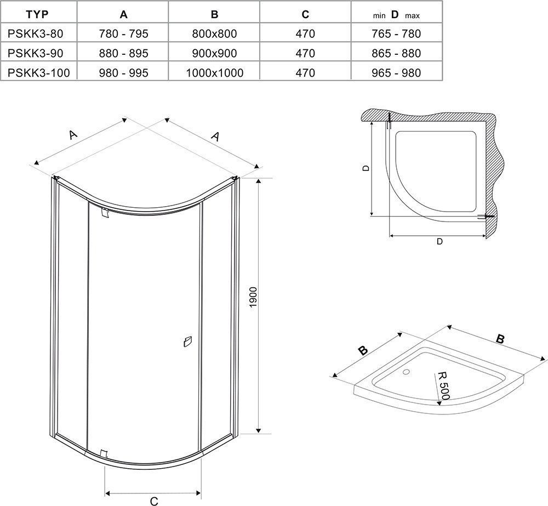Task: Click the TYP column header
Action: click(x=37, y=14)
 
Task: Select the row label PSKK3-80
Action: click(x=36, y=33)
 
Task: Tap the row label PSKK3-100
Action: click(x=39, y=73)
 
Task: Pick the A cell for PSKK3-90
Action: click(x=124, y=53)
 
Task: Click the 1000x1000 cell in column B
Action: click(x=215, y=73)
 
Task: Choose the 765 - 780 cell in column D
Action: click(x=396, y=33)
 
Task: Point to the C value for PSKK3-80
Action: click(x=305, y=33)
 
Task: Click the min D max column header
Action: click(x=396, y=15)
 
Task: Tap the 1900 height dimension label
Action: click(x=253, y=297)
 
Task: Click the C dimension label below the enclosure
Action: click(x=154, y=501)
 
